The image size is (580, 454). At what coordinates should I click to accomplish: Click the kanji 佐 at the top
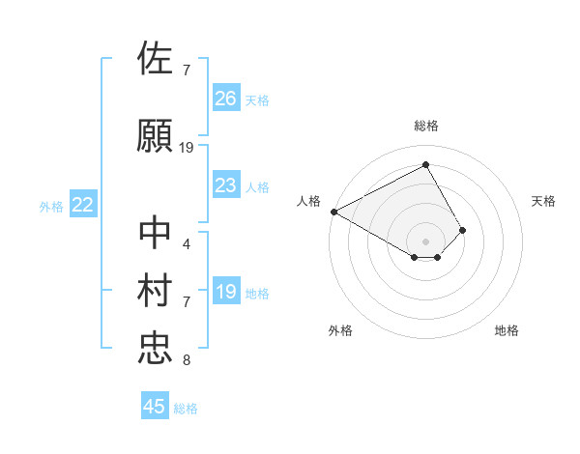[156, 58]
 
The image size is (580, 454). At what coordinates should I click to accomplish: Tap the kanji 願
[156, 136]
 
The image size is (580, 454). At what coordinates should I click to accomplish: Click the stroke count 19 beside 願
[187, 148]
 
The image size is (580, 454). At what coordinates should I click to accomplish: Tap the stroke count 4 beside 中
[186, 243]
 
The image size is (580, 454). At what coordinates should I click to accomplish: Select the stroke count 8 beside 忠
[186, 361]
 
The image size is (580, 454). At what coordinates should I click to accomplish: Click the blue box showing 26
[226, 98]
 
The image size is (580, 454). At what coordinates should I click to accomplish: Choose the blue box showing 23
[226, 185]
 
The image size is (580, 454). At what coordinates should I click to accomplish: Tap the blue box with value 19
[226, 293]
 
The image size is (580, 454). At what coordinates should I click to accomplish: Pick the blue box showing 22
[83, 205]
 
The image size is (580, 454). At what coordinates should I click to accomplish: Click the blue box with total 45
[155, 407]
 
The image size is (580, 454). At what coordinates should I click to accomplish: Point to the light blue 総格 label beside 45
[186, 409]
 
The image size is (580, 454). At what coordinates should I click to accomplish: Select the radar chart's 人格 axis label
[308, 201]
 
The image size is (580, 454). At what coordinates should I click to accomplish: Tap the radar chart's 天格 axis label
[544, 201]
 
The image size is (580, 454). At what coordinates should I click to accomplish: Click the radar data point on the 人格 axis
[333, 211]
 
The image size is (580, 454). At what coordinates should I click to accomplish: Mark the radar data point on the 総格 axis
[425, 164]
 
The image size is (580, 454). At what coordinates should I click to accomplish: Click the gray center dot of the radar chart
[425, 241]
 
